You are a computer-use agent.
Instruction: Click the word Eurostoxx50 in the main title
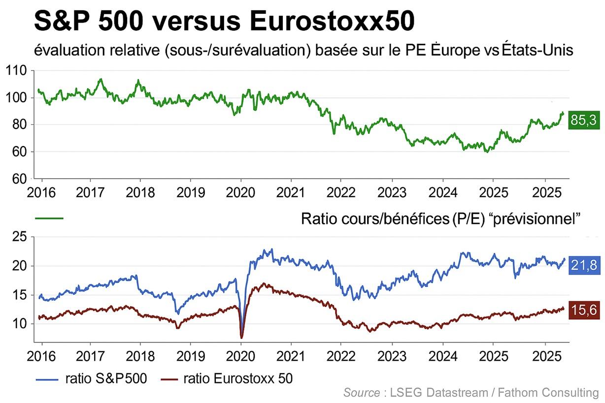(x=333, y=22)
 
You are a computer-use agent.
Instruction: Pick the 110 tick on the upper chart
(x=17, y=70)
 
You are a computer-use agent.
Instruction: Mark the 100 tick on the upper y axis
(x=17, y=98)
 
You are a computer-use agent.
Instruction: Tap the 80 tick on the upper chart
(x=20, y=125)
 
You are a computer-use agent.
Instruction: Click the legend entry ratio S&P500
(x=105, y=378)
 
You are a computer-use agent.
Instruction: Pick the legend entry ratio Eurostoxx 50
(x=237, y=378)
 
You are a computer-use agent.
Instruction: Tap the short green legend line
(x=49, y=218)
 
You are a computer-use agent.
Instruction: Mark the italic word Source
(x=361, y=392)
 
